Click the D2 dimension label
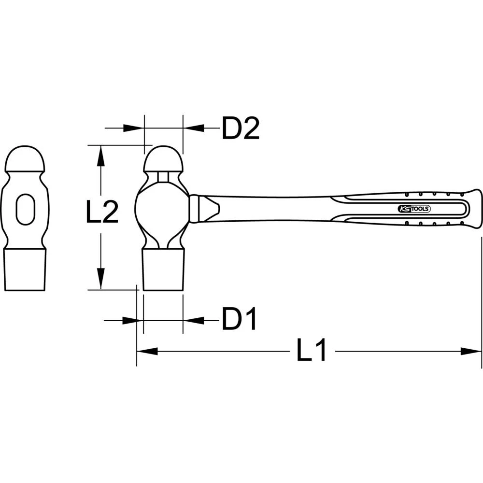pos(241,128)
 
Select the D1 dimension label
pos(239,320)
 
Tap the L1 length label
pos(312,351)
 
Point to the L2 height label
pos(102,213)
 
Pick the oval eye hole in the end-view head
pos(25,209)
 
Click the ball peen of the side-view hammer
pos(163,158)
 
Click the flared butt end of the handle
pos(473,209)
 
